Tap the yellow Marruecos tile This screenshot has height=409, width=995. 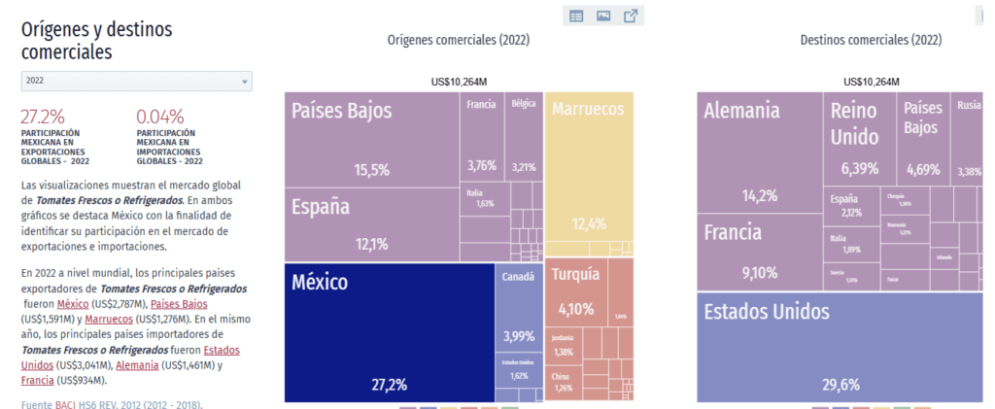tap(589, 165)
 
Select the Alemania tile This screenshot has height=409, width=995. tap(759, 146)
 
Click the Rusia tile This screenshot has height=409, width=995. tap(968, 136)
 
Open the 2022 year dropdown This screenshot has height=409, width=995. tap(136, 81)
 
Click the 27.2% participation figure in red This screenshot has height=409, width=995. tap(43, 115)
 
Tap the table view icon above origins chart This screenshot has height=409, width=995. tap(576, 16)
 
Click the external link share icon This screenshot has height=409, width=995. tap(631, 16)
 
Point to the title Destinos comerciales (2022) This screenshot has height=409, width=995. tap(870, 40)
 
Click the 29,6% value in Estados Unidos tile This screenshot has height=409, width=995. tap(841, 385)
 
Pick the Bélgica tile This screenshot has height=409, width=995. tap(524, 136)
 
